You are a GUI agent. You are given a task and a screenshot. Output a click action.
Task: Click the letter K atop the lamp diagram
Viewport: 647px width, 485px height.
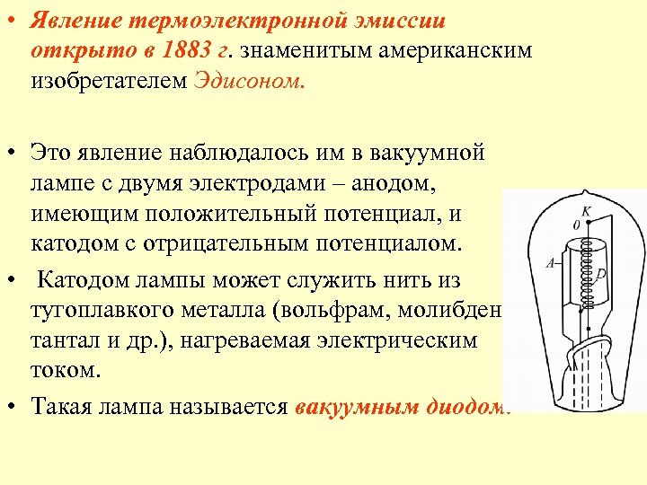point(585,210)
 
